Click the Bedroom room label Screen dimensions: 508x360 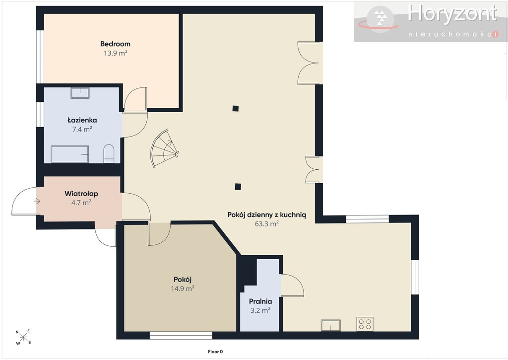[115, 44]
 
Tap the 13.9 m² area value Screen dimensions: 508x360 [115, 53]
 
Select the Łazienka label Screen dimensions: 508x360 [82, 120]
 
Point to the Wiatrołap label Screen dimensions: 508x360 [81, 194]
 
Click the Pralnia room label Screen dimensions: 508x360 [260, 301]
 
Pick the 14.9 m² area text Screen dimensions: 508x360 [183, 288]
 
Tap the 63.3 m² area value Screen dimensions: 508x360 [266, 224]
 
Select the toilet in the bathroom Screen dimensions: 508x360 [109, 154]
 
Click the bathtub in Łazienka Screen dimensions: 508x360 [69, 154]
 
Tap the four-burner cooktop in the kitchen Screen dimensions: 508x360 [365, 324]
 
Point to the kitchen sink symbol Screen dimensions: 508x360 [331, 325]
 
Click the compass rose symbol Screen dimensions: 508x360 [23, 337]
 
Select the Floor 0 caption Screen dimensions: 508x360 [215, 352]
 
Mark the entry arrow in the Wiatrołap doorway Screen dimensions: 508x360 [37, 202]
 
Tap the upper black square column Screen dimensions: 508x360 [236, 108]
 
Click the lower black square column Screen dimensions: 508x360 [238, 187]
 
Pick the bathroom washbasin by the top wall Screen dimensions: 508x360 [80, 93]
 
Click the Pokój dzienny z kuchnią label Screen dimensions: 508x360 [266, 215]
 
